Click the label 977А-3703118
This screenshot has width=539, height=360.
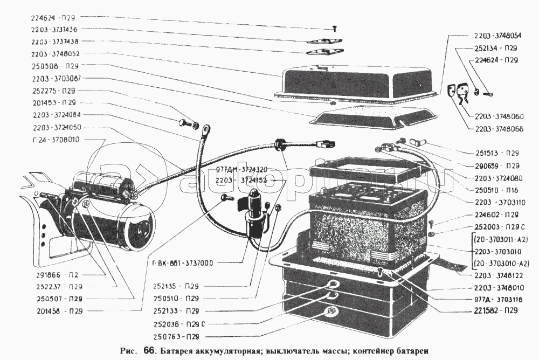(x=497, y=298)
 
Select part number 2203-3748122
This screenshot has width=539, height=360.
(x=497, y=274)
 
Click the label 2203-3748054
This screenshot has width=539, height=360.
(x=498, y=36)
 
